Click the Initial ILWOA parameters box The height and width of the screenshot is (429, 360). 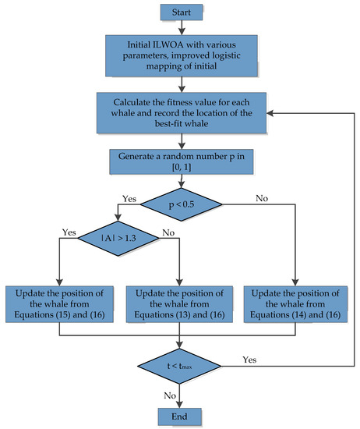tap(181, 58)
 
